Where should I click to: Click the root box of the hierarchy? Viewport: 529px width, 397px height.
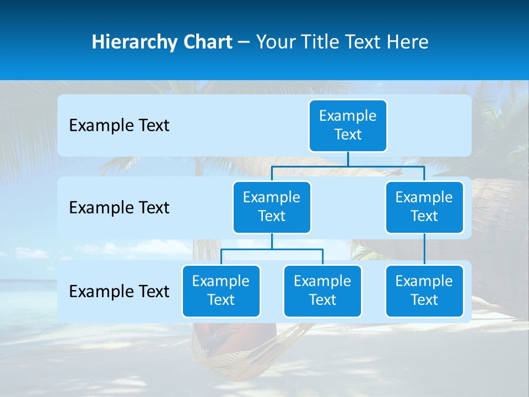coord(348,126)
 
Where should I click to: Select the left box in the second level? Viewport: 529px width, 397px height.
coord(272,207)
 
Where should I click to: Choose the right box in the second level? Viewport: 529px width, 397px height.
coord(424,207)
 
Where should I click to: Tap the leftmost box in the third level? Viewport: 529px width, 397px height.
coord(221,291)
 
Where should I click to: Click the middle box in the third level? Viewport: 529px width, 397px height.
coord(322,291)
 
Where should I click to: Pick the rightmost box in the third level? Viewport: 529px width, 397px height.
coord(424,291)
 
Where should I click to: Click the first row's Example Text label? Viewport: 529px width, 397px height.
coord(119,126)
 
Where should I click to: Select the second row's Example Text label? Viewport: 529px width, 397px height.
coord(119,208)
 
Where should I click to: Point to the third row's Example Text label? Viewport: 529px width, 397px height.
coord(119,292)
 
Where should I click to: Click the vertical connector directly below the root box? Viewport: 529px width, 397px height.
coord(348,159)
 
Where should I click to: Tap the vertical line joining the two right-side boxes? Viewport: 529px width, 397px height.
coord(424,249)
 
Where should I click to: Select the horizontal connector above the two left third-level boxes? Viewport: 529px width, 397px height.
coord(272,249)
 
